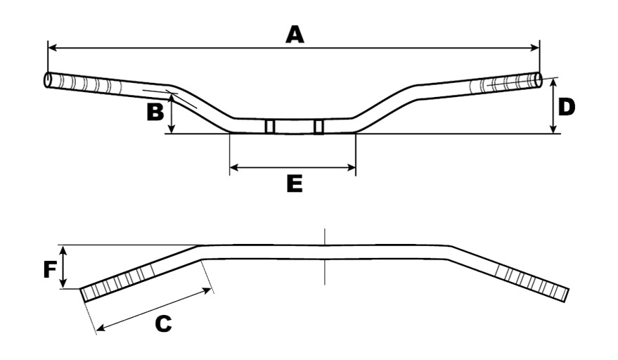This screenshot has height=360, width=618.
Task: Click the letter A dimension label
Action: tap(295, 34)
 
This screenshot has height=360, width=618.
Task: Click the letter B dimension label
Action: tap(155, 112)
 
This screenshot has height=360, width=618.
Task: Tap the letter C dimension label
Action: tap(163, 323)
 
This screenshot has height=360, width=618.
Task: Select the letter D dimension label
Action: tap(567, 108)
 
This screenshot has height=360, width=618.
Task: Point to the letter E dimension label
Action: tap(295, 184)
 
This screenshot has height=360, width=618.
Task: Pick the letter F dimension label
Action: tap(50, 270)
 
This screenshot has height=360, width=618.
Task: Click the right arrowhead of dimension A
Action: tap(534, 48)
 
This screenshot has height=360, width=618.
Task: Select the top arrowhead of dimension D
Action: tap(553, 83)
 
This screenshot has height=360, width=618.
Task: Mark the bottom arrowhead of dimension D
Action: tap(553, 129)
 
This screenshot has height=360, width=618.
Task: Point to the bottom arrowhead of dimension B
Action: tap(172, 129)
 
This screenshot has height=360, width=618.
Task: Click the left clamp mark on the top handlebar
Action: tap(270, 126)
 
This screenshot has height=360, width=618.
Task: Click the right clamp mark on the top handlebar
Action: tap(319, 127)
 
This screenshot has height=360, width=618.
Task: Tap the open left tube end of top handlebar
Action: tap(47, 79)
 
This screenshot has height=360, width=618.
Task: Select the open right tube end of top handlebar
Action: tap(538, 80)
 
